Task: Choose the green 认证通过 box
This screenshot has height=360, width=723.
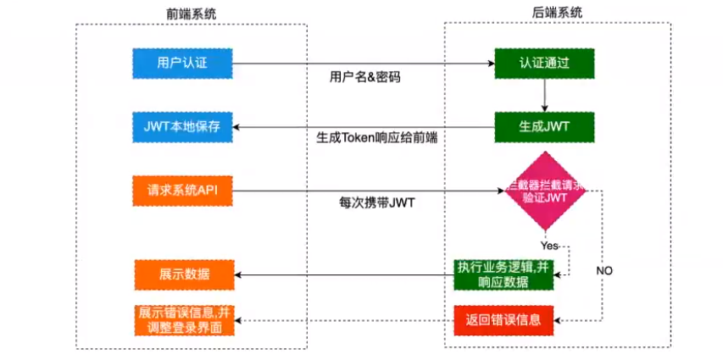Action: point(544,64)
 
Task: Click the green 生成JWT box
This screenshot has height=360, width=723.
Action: point(544,127)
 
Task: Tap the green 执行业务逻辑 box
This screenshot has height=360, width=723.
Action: point(503,274)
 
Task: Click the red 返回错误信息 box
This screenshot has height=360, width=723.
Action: point(503,320)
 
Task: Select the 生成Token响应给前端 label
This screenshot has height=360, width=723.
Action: point(377,136)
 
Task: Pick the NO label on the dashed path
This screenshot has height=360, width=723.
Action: point(603,271)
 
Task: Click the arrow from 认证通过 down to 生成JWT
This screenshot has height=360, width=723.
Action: point(544,95)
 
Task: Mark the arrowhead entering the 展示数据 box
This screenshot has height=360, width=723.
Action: point(238,274)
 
